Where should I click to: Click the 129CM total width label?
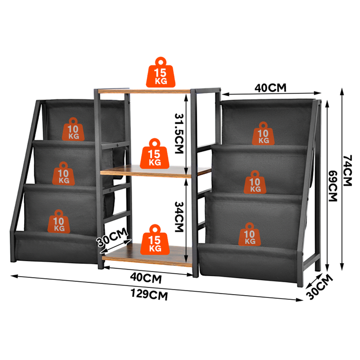point(149,295)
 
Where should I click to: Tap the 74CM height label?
point(347,170)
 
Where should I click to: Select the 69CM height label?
point(333,186)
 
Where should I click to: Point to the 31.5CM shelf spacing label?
point(179,133)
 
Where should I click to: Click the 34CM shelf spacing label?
point(179,217)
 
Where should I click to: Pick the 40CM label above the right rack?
point(271,88)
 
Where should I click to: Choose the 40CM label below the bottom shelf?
point(146,278)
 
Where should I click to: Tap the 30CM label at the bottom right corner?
point(319,287)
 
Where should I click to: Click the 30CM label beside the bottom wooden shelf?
point(112,237)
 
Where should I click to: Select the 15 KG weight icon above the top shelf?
point(160,73)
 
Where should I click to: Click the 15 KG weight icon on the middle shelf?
point(154,154)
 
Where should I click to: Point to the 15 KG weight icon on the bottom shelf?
point(155,240)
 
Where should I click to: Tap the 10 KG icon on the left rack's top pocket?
point(73,129)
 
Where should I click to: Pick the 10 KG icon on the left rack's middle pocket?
point(64,173)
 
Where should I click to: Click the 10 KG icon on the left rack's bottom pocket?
point(59,221)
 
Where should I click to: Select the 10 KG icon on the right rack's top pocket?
point(263,133)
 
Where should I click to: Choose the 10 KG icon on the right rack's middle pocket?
point(255,182)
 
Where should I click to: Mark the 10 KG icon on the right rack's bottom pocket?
point(249,234)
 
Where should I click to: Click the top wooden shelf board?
point(144,91)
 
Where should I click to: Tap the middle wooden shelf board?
point(155,171)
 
